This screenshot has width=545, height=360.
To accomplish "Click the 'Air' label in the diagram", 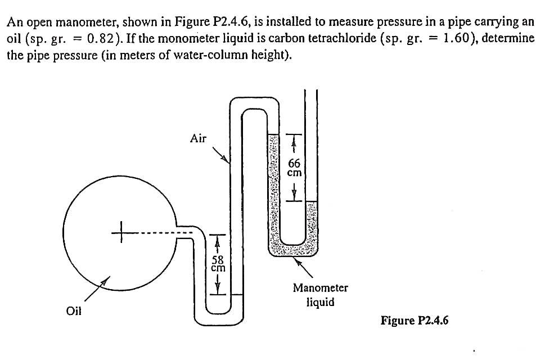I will (x=198, y=138).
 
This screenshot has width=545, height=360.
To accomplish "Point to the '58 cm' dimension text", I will (x=218, y=264).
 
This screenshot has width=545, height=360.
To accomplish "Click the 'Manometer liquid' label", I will (x=320, y=295).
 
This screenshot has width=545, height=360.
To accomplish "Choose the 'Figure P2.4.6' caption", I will (x=415, y=321).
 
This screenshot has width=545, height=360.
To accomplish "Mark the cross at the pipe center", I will (x=119, y=231).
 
